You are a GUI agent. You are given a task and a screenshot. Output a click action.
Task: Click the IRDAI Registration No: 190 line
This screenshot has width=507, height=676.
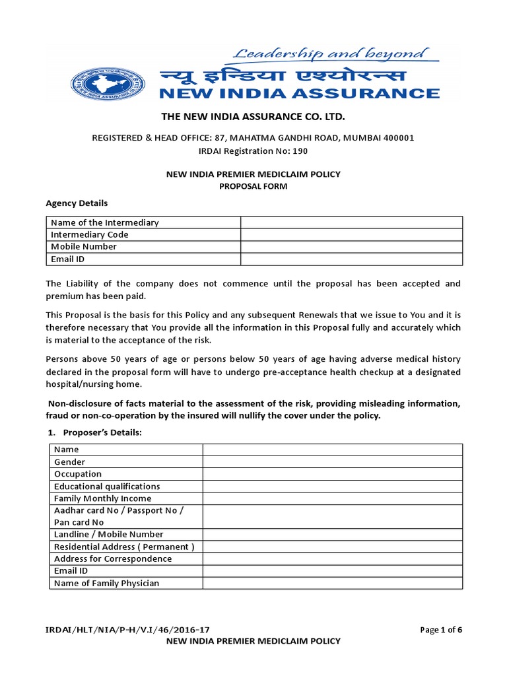[253, 151]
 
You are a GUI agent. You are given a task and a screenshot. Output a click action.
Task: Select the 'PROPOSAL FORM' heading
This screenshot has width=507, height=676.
[253, 186]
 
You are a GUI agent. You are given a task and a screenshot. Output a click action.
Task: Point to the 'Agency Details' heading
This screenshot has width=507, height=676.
[76, 203]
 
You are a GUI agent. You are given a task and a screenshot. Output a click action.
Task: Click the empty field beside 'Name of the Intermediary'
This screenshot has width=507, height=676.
[351, 222]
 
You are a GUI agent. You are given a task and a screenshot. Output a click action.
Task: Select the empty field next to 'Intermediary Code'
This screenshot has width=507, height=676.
[351, 234]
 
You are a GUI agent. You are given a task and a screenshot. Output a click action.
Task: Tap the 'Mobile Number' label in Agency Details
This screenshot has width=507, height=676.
[84, 246]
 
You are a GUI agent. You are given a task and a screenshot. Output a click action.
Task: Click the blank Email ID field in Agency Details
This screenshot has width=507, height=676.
[351, 259]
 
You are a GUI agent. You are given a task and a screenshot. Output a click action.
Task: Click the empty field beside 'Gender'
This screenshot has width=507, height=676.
[332, 462]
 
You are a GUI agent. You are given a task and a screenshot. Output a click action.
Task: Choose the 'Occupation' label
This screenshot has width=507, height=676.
[78, 474]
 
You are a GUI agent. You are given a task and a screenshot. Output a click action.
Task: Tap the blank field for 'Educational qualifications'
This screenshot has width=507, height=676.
[332, 487]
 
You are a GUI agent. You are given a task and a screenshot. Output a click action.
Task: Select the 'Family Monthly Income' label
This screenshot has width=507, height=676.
[102, 498]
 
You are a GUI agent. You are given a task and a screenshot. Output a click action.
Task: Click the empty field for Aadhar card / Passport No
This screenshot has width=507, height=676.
[332, 516]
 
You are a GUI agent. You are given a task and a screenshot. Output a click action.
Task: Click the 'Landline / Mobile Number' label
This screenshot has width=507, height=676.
[109, 534]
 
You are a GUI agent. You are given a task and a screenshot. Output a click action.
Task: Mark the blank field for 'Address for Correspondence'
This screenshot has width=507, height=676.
[332, 558]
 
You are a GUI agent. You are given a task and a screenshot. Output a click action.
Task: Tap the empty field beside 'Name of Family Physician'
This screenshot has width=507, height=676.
[332, 583]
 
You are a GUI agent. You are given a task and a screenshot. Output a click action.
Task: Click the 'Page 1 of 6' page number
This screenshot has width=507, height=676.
[441, 629]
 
